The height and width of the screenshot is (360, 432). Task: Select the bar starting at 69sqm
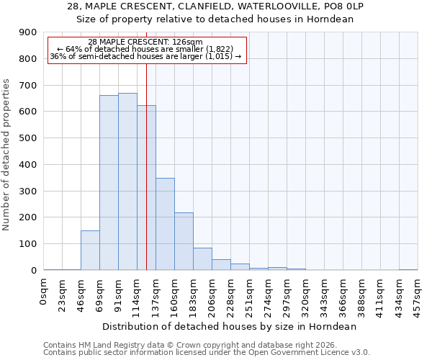coord(109,183)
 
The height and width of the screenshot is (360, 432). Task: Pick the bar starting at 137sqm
coord(165,224)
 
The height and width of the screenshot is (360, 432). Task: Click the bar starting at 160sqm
coord(184,241)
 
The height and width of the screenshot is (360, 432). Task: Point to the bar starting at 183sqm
coord(202,259)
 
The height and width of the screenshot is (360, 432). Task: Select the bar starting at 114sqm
coord(146,188)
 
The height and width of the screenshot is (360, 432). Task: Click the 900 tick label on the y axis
coord(27,32)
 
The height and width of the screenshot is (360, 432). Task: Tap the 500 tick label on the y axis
coord(27,138)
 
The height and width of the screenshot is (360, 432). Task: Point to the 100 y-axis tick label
coord(27,244)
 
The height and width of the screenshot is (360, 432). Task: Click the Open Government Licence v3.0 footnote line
coord(207,353)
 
